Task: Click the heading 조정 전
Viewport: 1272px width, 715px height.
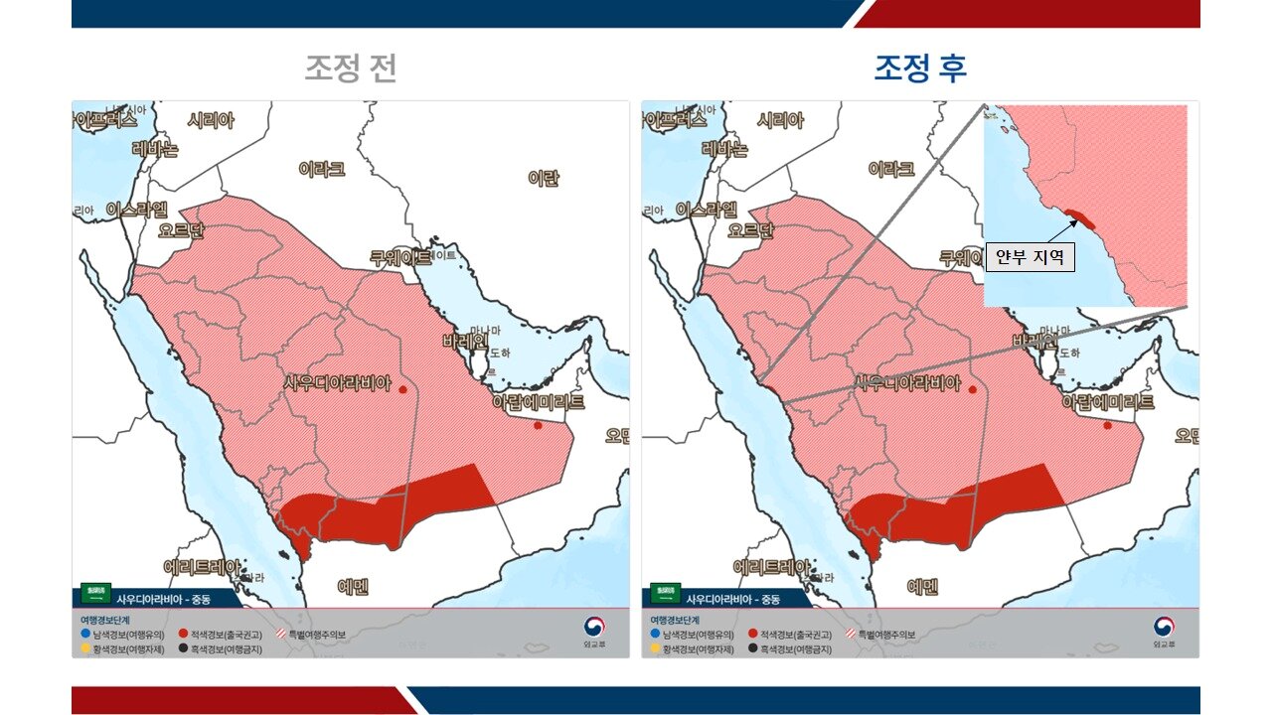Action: (x=351, y=68)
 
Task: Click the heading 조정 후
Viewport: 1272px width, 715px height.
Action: (x=920, y=68)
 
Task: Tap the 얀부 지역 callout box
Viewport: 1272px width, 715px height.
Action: (x=1031, y=257)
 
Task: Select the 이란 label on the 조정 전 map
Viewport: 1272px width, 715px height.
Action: (x=544, y=179)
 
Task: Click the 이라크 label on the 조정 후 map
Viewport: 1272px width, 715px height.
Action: (x=890, y=169)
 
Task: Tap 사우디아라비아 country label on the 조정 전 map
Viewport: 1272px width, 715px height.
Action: (x=338, y=382)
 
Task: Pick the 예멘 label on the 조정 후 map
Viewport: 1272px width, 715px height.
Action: (x=922, y=587)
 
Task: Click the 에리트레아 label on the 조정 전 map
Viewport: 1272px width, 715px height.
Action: (x=202, y=567)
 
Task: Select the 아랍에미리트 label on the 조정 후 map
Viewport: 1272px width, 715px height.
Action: (x=1108, y=402)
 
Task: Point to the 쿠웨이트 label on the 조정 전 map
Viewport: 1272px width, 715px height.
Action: (x=401, y=257)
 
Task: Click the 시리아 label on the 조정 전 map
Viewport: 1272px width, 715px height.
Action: (x=211, y=120)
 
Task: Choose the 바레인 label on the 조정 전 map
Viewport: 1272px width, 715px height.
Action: (x=466, y=342)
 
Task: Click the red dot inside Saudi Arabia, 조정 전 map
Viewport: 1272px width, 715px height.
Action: (x=402, y=390)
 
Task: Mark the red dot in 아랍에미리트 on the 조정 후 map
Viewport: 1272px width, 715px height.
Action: (x=1107, y=426)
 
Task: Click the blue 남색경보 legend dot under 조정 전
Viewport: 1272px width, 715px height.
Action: (x=85, y=633)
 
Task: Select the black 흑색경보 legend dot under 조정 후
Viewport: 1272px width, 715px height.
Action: (x=753, y=648)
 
